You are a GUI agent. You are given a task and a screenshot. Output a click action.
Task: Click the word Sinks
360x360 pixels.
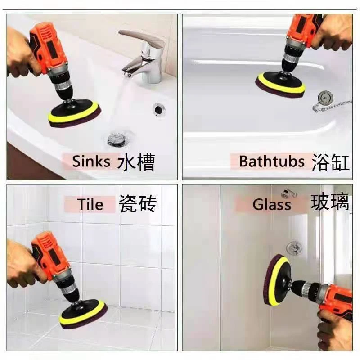tap(91, 161)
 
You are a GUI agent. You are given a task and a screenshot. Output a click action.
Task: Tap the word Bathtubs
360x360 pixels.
tap(272, 161)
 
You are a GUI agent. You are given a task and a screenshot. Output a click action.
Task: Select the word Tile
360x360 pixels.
tap(90, 204)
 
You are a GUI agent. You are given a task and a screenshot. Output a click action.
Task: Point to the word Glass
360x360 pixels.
tap(272, 204)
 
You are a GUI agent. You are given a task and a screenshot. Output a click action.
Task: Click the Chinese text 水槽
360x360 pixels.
tap(136, 162)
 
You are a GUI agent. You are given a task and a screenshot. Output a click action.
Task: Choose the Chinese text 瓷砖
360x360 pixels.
tap(138, 203)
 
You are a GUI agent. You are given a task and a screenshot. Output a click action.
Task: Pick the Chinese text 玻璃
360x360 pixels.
tap(330, 202)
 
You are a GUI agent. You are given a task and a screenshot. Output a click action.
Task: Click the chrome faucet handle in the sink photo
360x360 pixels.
tap(142, 37)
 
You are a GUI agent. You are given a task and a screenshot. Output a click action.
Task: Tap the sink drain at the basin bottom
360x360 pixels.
tap(117, 139)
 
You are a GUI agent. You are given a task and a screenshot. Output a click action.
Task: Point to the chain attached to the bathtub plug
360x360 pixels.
tap(332, 106)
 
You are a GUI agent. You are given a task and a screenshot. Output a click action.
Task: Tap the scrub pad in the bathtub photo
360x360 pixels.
tap(281, 85)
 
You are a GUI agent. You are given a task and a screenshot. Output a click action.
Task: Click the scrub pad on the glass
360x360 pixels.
tap(276, 280)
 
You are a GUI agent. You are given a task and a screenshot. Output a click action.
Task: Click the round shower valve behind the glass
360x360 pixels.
tap(294, 247)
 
